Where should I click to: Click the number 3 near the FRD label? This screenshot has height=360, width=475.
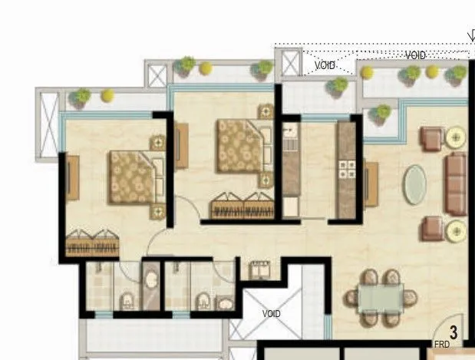(454, 332)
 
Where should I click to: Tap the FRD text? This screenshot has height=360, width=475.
(442, 345)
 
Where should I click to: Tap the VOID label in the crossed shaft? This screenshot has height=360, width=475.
(272, 314)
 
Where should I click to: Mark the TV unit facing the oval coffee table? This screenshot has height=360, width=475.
(371, 184)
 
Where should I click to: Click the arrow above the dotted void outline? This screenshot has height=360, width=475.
(471, 35)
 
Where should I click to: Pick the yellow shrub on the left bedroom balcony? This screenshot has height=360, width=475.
(107, 95)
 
